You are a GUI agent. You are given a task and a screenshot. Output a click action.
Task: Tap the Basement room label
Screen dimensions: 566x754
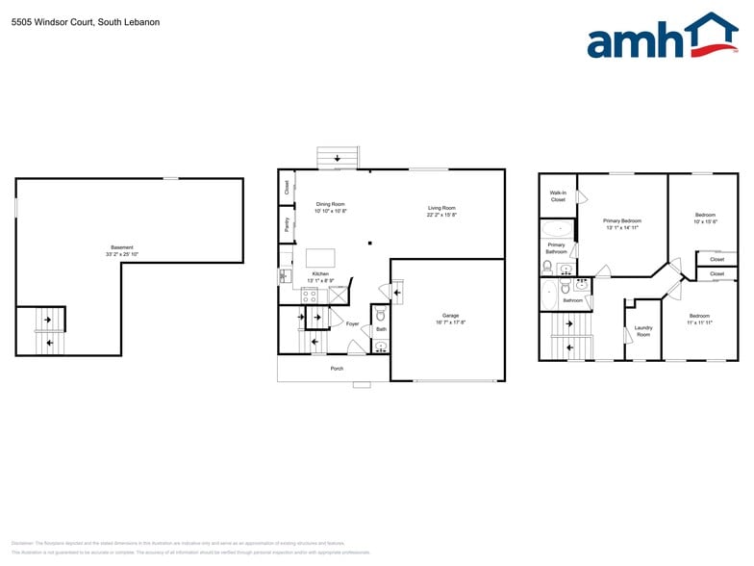122,247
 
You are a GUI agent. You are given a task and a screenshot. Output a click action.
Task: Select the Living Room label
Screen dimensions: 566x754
441,208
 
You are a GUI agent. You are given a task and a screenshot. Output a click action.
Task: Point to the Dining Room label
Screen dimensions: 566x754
331,204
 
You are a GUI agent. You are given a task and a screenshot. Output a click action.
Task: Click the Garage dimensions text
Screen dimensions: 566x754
450,322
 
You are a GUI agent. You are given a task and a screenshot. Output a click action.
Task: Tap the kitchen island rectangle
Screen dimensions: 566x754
321,258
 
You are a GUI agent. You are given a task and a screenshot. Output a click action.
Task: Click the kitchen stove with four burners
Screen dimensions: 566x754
310,296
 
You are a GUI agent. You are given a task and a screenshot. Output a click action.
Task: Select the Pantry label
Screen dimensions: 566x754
287,224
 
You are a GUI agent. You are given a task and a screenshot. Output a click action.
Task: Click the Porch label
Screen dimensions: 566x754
337,369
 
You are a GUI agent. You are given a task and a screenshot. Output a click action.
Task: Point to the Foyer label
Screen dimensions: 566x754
352,323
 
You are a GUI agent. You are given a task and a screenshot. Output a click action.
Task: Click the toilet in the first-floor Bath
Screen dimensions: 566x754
381,315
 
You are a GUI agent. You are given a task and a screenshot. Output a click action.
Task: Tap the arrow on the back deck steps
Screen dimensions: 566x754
337,157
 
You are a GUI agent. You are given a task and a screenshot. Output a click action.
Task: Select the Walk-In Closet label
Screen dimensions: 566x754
558,196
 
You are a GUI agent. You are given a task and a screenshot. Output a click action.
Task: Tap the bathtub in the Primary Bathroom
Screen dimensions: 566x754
556,229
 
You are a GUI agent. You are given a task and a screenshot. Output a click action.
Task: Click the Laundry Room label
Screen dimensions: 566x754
643,331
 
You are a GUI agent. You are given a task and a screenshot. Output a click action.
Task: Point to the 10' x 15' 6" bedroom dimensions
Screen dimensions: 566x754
706,221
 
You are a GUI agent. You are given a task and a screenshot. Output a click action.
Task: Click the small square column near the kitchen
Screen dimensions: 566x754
369,243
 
